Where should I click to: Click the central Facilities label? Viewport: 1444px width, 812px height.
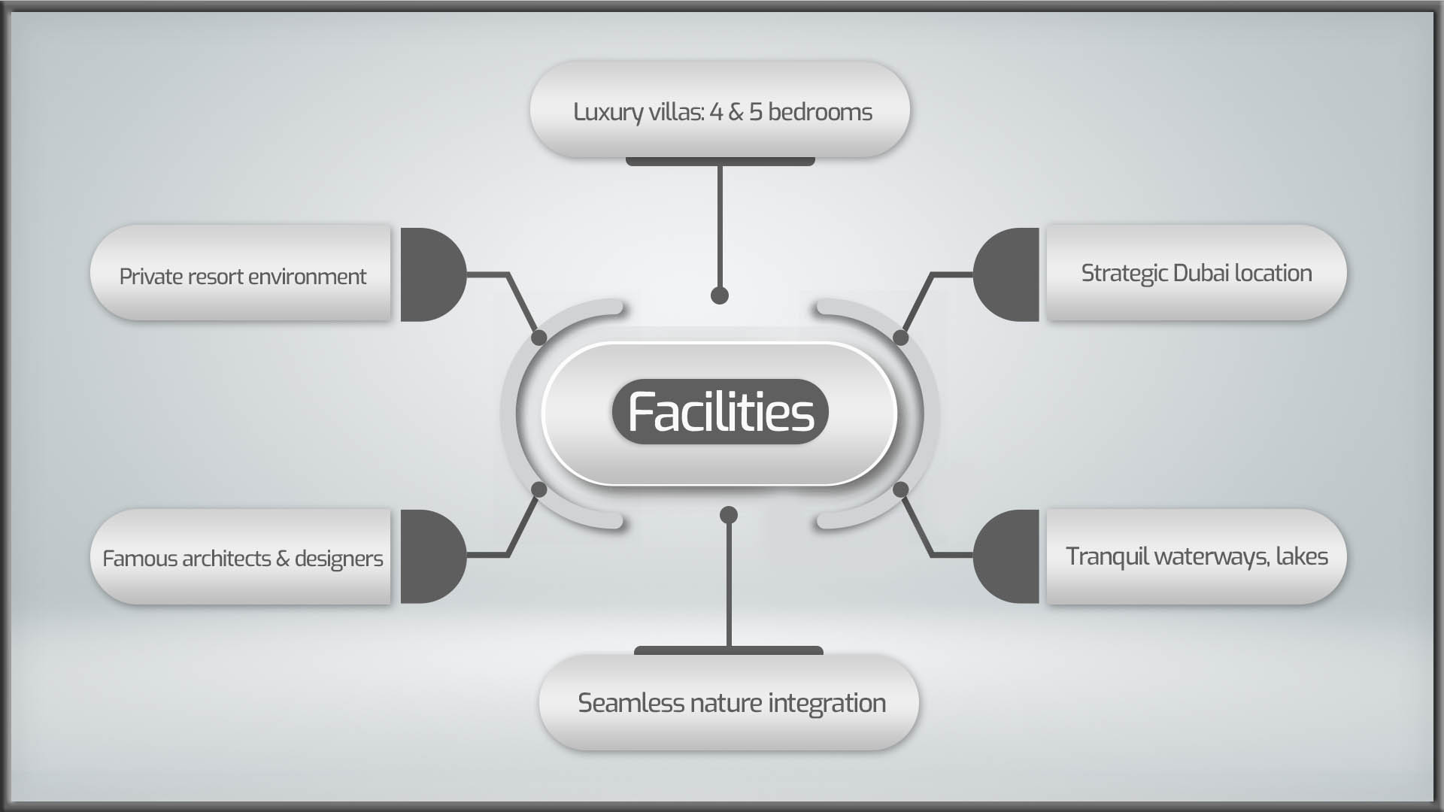720,411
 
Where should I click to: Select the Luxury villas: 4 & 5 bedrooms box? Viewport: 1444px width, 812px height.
720,110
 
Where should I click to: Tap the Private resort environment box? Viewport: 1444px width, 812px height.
241,273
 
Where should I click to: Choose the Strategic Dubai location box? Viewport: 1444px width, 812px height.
1197,273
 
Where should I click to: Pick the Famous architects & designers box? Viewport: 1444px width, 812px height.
241,556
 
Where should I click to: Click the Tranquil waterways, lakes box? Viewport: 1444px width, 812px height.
1197,556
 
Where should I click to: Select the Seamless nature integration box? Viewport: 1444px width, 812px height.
729,702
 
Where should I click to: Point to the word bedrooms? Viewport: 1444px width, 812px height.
820,111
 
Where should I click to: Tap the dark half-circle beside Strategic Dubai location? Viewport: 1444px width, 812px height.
1006,274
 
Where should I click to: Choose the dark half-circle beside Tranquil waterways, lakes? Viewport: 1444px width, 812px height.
1006,556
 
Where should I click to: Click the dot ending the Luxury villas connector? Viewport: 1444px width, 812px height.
720,295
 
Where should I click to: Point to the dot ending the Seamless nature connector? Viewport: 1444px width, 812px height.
729,515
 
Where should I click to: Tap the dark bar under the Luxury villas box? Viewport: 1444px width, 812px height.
720,162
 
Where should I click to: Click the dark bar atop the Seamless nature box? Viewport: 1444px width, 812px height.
729,650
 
